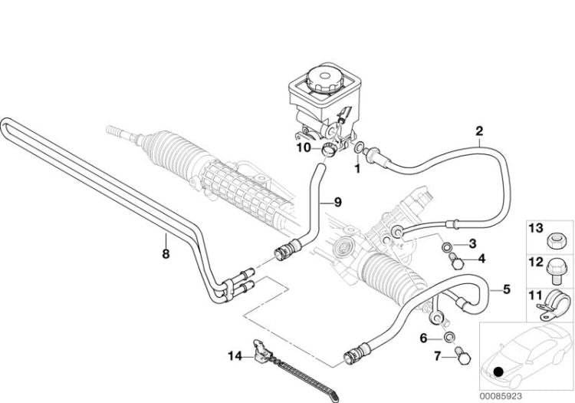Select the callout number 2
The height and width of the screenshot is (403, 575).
pos(479,131)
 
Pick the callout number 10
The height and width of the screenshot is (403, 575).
pos(304,147)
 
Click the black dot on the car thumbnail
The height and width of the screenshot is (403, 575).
pos(499,372)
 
